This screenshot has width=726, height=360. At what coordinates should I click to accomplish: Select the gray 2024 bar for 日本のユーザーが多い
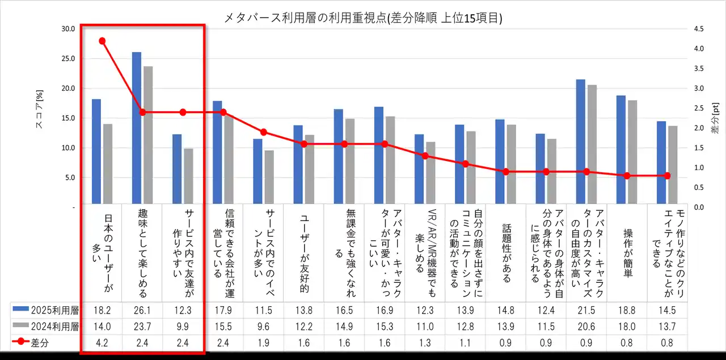[108, 163]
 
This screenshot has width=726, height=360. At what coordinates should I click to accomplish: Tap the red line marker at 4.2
[102, 41]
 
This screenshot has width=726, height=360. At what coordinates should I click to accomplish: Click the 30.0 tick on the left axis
[67, 29]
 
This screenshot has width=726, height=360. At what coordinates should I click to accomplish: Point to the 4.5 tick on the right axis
[698, 29]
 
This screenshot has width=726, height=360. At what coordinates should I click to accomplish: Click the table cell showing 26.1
[142, 310]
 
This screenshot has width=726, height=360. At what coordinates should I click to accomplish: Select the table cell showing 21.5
[586, 310]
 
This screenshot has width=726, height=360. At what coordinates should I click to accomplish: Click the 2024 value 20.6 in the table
[586, 327]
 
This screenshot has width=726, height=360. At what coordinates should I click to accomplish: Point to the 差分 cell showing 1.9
[263, 343]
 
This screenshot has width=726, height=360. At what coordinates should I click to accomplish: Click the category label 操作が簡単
[628, 253]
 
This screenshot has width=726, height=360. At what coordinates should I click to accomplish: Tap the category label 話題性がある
[506, 253]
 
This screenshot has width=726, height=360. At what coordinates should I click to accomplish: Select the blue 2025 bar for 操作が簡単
[621, 149]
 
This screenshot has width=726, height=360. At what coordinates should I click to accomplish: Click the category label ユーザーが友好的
[304, 253]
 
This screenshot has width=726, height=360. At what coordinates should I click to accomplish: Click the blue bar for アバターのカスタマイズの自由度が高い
[581, 141]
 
